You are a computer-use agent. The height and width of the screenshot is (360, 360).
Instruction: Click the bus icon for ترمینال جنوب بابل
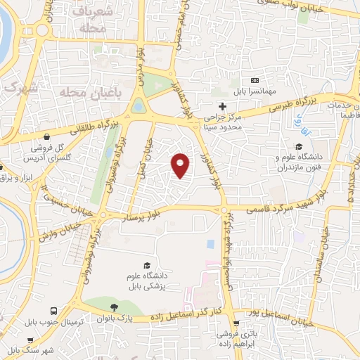click(x=53, y=310)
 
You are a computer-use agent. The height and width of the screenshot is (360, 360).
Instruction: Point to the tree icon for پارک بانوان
click(x=114, y=307)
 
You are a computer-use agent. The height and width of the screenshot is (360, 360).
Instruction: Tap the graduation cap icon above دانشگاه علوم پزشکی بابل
click(x=146, y=265)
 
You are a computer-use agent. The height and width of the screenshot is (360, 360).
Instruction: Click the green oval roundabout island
click(x=139, y=107)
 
